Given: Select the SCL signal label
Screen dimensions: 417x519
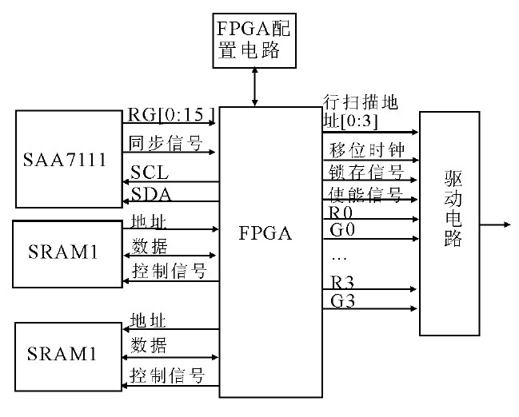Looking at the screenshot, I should pos(150,172).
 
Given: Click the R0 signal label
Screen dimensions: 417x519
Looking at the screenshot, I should pos(339,212).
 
